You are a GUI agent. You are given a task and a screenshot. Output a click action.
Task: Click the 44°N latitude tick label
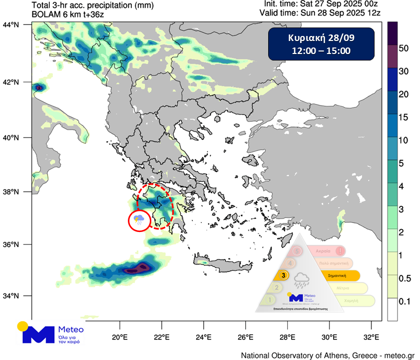click(10, 24)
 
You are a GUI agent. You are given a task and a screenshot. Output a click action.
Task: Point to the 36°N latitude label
click(10, 244)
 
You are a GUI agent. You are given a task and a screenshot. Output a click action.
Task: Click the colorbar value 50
click(404, 48)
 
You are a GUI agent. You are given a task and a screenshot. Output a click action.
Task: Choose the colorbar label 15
click(404, 117)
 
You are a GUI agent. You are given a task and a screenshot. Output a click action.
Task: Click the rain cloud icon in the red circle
click(139, 220)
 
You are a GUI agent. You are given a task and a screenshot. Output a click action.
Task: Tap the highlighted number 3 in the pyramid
click(284, 274)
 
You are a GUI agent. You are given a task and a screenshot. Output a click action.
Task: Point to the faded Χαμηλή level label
click(351, 300)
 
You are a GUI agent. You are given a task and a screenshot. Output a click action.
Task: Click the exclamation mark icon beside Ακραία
click(340, 250)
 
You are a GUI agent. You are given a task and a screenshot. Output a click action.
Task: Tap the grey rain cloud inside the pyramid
click(301, 280)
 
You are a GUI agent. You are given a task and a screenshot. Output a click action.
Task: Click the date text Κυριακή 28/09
click(321, 38)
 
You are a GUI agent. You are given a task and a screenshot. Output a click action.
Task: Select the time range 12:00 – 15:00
click(321, 50)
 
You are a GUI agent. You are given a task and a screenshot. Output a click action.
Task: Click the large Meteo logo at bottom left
click(52, 333)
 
